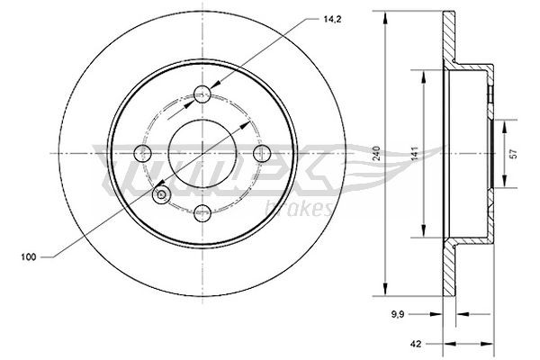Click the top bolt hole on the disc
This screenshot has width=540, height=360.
(203, 91)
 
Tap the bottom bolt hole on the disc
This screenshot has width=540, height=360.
(203, 213)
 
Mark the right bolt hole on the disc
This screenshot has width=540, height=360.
(265, 152)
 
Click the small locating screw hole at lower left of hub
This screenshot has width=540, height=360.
(161, 193)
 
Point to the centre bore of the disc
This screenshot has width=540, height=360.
(203, 152)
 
